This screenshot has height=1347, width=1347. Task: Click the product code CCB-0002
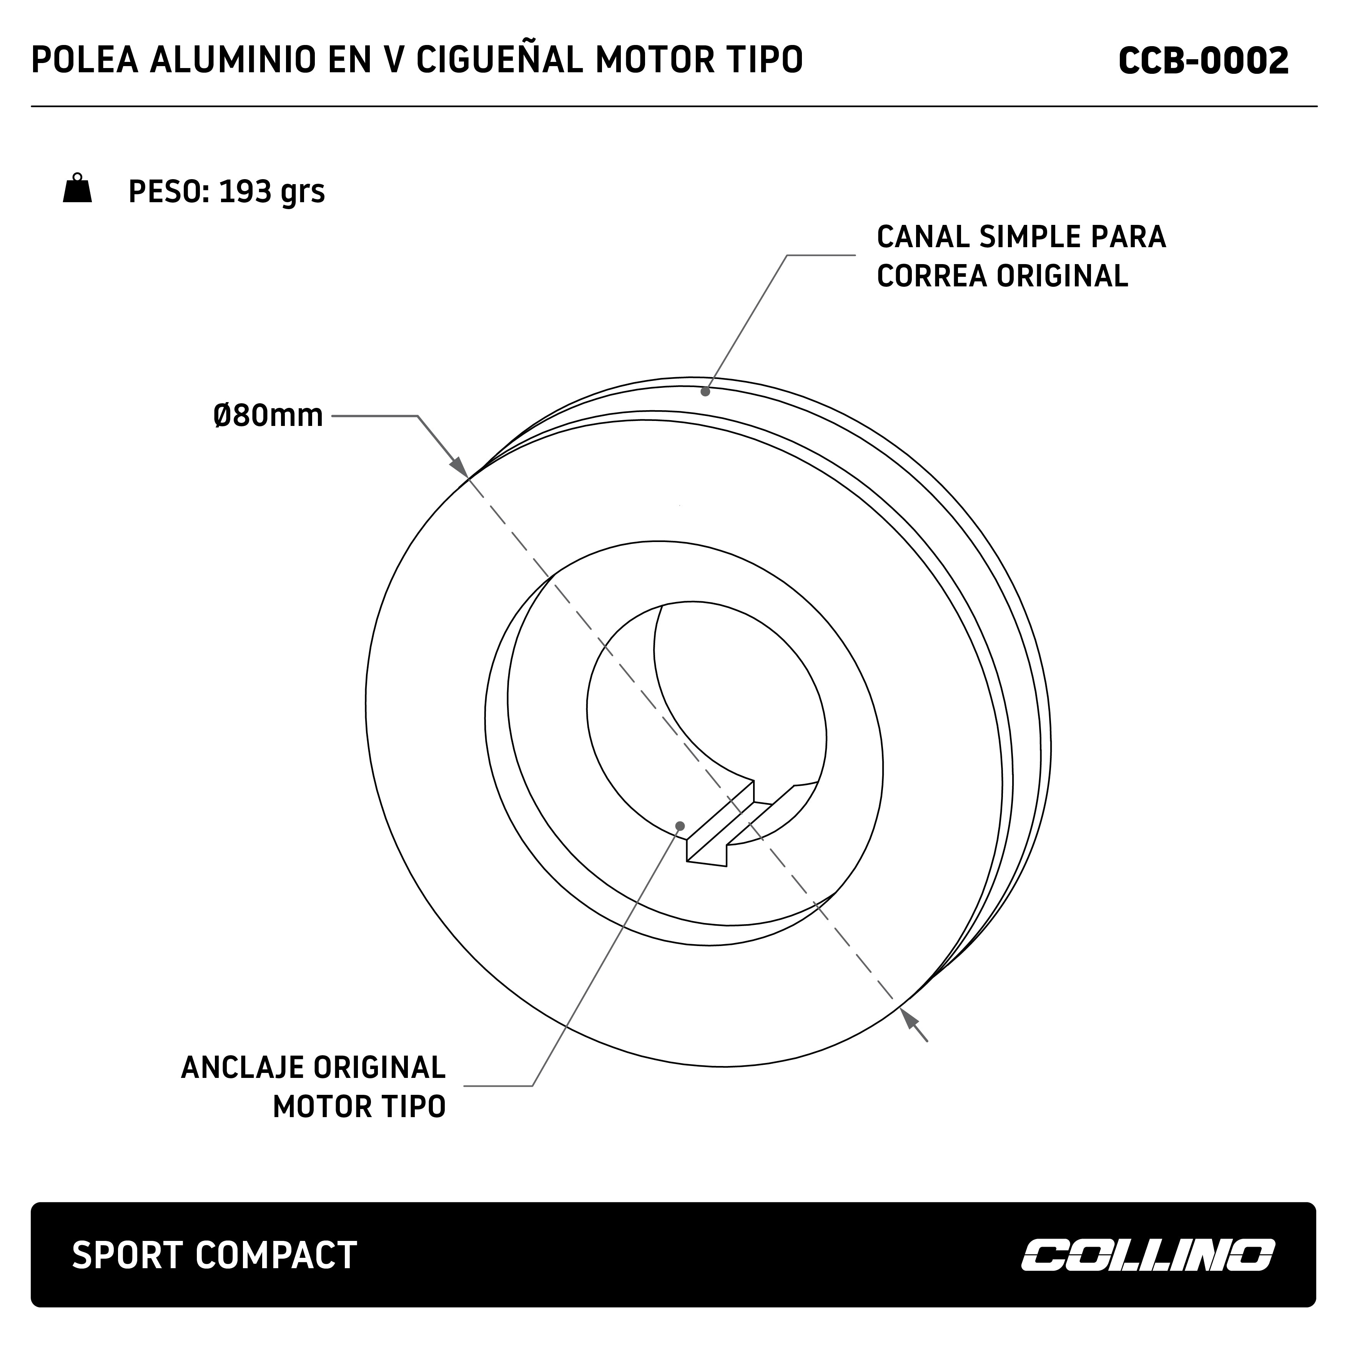(1203, 62)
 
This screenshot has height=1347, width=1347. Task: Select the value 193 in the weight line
(244, 192)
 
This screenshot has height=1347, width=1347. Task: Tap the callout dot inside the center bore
(680, 826)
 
